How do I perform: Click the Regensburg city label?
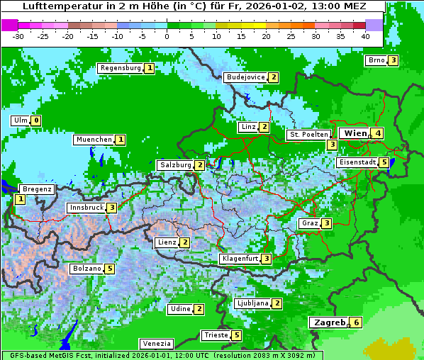(x=120, y=68)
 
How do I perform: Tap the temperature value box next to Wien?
(x=379, y=133)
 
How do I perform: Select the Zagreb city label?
(x=328, y=322)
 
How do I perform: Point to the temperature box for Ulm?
(x=36, y=120)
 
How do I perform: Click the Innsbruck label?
(x=86, y=208)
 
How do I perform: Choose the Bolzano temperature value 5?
(x=109, y=269)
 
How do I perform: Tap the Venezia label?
(x=156, y=344)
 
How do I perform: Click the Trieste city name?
(x=216, y=335)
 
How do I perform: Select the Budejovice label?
(x=245, y=77)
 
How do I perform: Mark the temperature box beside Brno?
(x=393, y=60)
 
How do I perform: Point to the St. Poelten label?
(x=308, y=134)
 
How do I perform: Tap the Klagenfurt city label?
(x=239, y=259)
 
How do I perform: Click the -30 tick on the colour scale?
(x=19, y=36)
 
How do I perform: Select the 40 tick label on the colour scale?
(x=365, y=36)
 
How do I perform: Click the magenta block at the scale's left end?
(x=10, y=24)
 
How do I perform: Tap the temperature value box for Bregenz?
(x=20, y=200)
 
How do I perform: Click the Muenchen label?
(x=94, y=140)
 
